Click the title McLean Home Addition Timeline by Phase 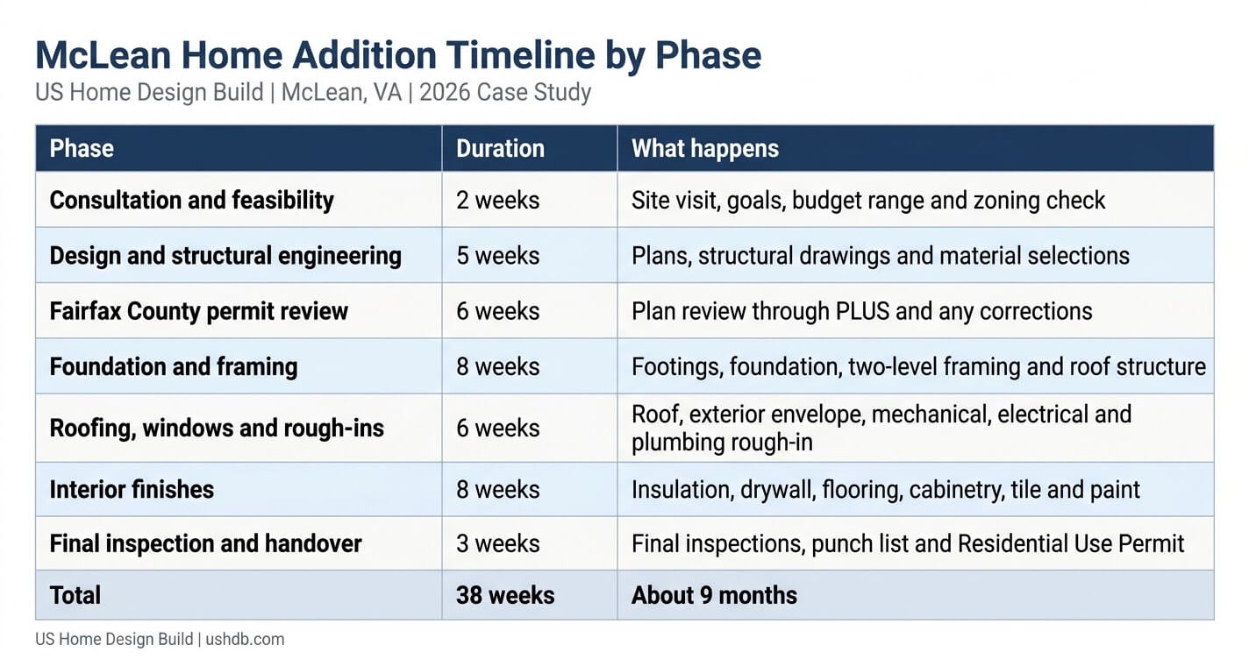(398, 56)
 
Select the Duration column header (500, 149)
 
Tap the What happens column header (705, 149)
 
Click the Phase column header (82, 149)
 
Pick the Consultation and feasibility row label (191, 200)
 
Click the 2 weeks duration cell (498, 200)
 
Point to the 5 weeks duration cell (498, 256)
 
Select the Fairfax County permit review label (198, 311)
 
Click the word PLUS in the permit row (862, 311)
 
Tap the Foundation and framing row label (174, 366)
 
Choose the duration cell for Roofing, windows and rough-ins (498, 428)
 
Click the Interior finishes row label (132, 489)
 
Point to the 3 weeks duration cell (498, 543)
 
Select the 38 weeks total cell (505, 595)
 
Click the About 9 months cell (714, 595)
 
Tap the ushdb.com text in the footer (245, 639)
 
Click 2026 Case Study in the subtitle (504, 93)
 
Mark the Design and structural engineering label (225, 256)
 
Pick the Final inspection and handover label (205, 543)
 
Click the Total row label (75, 595)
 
